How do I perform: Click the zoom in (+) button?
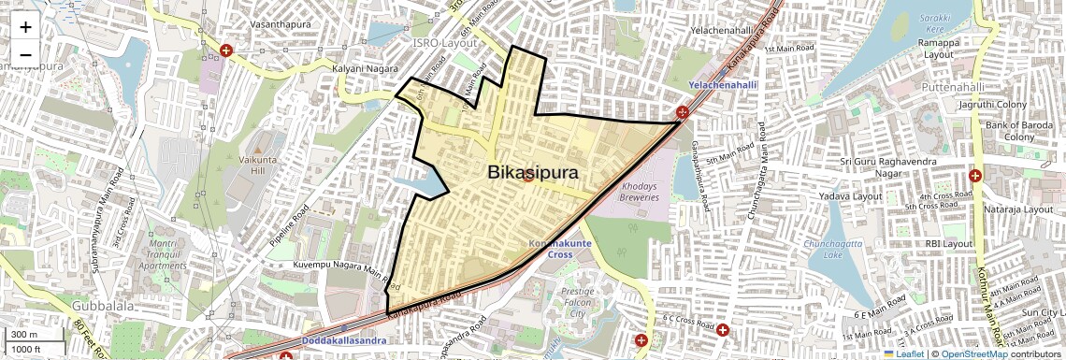25,28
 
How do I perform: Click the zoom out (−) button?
25,54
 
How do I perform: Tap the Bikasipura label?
532,173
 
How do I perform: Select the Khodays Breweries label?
641,192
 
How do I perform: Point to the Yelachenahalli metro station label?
722,85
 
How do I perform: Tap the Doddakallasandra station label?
344,340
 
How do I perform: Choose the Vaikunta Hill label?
256,167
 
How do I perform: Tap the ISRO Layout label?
445,43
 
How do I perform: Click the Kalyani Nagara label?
360,69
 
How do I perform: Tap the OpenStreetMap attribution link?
973,353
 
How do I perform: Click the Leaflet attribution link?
905,353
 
